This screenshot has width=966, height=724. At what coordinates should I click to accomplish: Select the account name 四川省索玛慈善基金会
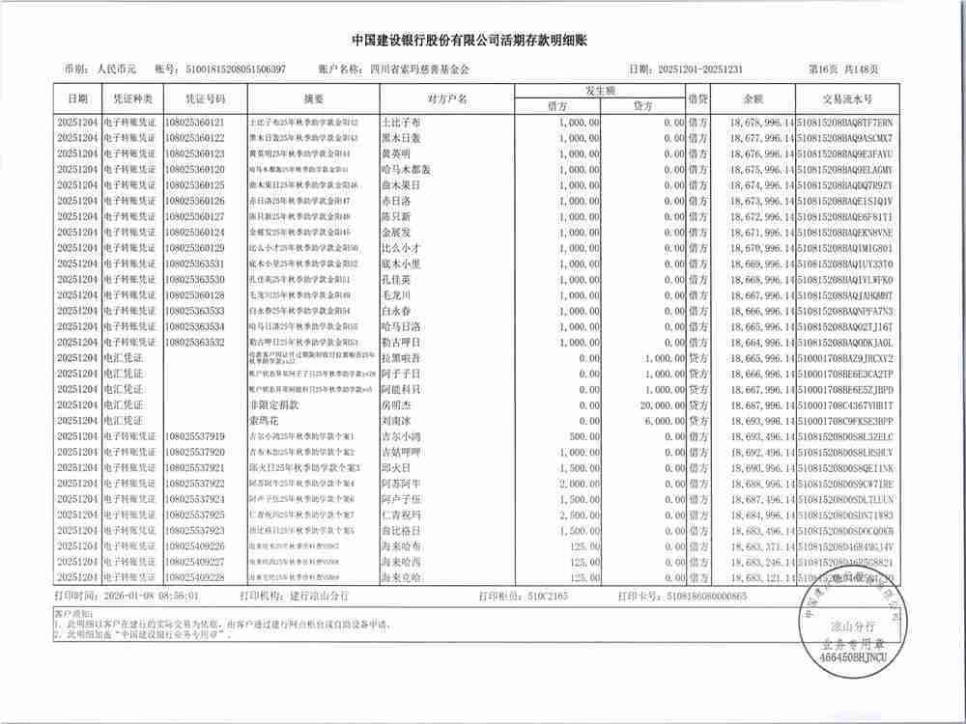click(x=419, y=70)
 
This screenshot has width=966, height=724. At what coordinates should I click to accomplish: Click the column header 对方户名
click(x=446, y=99)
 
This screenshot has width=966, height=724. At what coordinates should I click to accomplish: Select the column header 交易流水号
click(x=846, y=99)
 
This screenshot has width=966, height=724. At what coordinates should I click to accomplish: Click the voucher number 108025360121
click(x=194, y=123)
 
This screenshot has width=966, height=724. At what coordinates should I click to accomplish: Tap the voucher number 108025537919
click(x=194, y=436)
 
